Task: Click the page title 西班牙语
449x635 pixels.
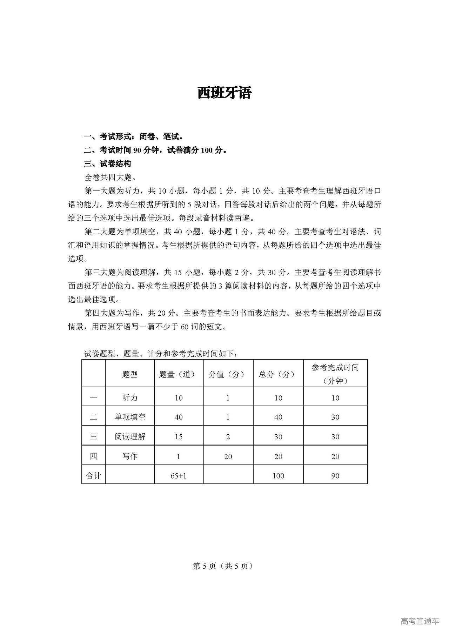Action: point(224,93)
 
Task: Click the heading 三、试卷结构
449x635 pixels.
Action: point(108,164)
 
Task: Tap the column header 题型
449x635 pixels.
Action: point(130,374)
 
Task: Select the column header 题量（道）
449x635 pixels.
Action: point(179,374)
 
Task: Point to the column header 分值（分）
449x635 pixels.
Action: point(228,374)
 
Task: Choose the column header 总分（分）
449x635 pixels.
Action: point(278,374)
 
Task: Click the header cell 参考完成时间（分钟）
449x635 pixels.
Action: point(335,374)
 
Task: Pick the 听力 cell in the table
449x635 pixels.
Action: point(130,397)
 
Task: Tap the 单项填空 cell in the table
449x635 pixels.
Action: point(130,417)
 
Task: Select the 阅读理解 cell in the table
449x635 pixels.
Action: point(130,436)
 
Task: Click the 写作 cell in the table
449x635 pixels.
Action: point(130,456)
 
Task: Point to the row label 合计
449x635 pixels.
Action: point(93,476)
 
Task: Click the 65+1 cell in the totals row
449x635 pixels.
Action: point(179,476)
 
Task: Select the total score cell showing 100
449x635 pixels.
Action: point(278,476)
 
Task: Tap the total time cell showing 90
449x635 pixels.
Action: point(335,476)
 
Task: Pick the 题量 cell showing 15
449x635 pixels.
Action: point(179,436)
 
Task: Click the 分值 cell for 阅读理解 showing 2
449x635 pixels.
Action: point(228,436)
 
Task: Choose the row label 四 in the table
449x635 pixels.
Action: point(93,456)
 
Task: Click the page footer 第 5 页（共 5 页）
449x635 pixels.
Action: point(223,566)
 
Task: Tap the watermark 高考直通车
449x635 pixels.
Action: point(420,621)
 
